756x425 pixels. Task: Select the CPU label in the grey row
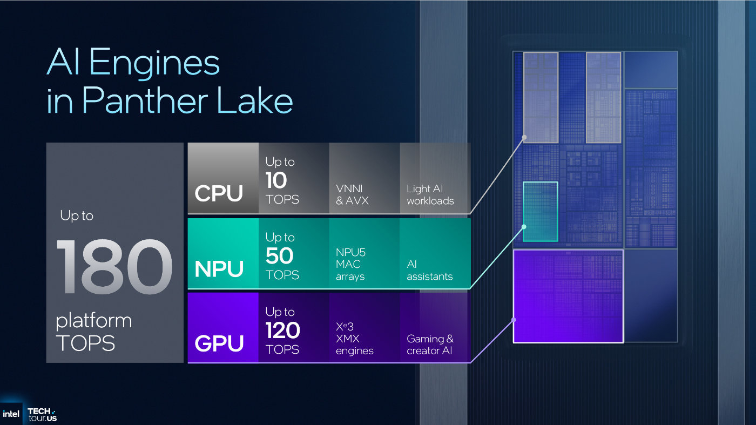[219, 193]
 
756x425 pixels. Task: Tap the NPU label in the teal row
[219, 268]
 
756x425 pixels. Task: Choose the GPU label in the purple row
[219, 343]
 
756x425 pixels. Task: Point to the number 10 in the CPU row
[276, 180]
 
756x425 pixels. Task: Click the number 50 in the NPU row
[279, 256]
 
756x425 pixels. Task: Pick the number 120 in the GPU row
[282, 330]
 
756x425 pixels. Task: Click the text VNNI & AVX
[352, 194]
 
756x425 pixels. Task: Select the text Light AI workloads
[430, 194]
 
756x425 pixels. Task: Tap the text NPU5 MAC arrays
[350, 264]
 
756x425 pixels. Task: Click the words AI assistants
[429, 270]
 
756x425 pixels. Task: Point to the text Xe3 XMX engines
[354, 339]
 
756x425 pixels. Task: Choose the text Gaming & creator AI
[430, 345]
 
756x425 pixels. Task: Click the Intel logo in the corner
[11, 414]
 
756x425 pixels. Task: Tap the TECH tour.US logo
[42, 414]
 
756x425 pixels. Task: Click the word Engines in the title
[154, 63]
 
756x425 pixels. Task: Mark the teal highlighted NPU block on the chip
[540, 211]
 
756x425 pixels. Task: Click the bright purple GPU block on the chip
[568, 296]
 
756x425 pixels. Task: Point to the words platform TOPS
[93, 332]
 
